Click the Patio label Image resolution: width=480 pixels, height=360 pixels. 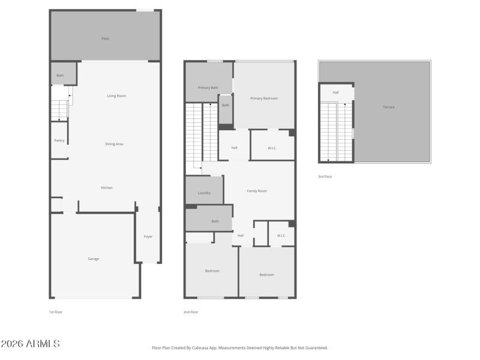pos(105,38)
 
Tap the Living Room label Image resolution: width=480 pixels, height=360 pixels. pos(116,96)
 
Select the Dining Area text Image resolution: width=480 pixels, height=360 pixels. pos(114,144)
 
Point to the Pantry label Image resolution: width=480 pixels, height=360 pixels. pos(59,140)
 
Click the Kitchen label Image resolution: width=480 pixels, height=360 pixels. pos(106,188)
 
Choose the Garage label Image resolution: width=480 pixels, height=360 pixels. pos(94,259)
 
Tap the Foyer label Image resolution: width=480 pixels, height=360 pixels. pos(148,236)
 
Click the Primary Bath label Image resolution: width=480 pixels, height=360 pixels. pos(208,88)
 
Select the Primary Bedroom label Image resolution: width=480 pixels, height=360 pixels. pos(264,98)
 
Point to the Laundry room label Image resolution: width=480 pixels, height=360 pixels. pos(204,193)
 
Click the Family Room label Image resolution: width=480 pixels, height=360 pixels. pos(257,191)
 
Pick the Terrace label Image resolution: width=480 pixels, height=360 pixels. pos(389,107)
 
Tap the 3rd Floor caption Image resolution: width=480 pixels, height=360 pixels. pos(325,176)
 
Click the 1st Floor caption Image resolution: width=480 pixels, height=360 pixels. pos(56,312)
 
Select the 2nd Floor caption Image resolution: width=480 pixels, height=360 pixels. pos(191,312)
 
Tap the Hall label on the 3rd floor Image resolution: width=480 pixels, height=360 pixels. pos(335,92)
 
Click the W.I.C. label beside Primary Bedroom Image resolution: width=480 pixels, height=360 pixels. pos(272,148)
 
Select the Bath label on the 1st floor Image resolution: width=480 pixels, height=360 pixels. pos(60,76)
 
